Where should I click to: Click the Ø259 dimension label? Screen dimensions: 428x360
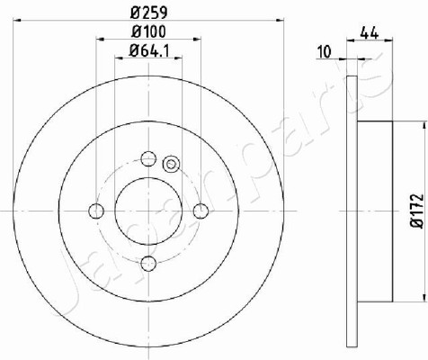click(148, 12)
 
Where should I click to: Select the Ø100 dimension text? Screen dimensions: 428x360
click(148, 31)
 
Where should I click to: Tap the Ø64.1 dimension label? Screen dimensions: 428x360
click(148, 50)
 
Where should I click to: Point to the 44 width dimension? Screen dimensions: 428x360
click(370, 32)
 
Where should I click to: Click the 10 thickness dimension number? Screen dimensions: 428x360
click(325, 51)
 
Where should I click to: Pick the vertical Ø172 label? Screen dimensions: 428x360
click(418, 211)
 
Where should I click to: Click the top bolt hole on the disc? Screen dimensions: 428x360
click(148, 158)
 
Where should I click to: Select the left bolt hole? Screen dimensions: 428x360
click(96, 211)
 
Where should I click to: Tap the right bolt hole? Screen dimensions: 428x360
click(201, 211)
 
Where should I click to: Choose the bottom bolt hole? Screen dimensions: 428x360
click(148, 263)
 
